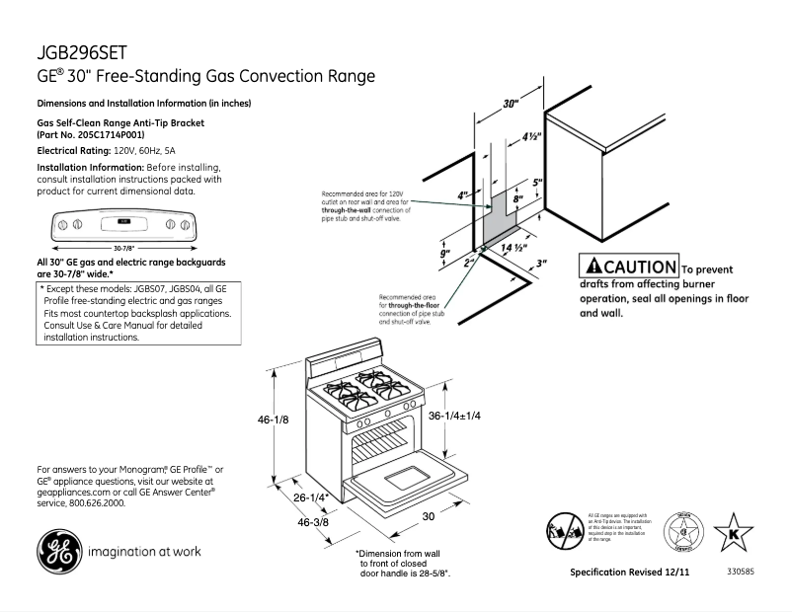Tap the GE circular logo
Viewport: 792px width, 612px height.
57,551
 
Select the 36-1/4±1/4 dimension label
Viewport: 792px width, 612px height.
454,417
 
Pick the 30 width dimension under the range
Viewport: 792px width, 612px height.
429,516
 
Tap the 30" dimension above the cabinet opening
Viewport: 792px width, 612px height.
510,104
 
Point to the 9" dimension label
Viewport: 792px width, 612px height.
445,256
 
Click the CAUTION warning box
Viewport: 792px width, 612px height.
629,267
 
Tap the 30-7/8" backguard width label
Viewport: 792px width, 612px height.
123,247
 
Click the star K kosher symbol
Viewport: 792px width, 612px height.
733,532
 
